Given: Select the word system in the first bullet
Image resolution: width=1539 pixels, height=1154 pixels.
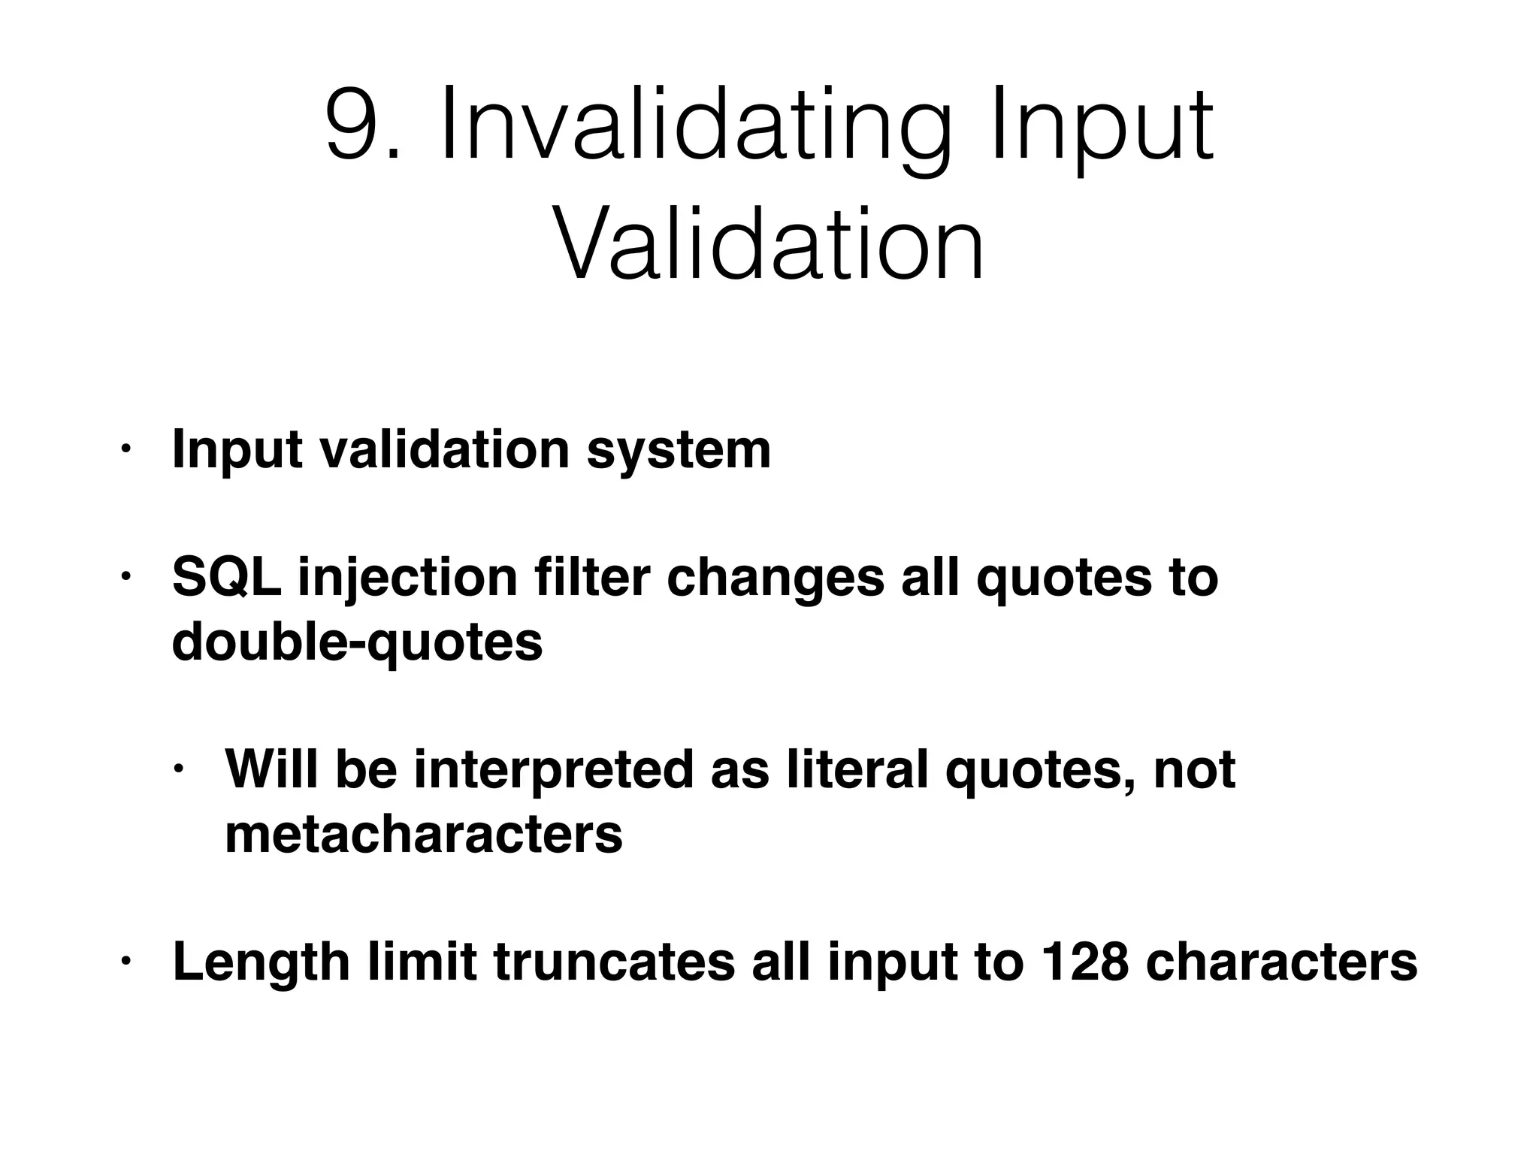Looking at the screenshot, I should pyautogui.click(x=679, y=452).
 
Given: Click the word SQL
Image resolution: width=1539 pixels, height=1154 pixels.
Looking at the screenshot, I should pyautogui.click(x=226, y=579).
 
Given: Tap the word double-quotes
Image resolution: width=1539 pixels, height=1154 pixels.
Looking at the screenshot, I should pyautogui.click(x=357, y=643).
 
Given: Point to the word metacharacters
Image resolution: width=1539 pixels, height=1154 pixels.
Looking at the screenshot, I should pyautogui.click(x=424, y=834).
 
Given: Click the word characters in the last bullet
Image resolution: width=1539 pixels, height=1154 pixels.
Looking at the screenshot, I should pyautogui.click(x=1282, y=962).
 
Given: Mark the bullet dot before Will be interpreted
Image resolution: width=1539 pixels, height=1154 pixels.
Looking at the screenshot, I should pyautogui.click(x=178, y=769).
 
